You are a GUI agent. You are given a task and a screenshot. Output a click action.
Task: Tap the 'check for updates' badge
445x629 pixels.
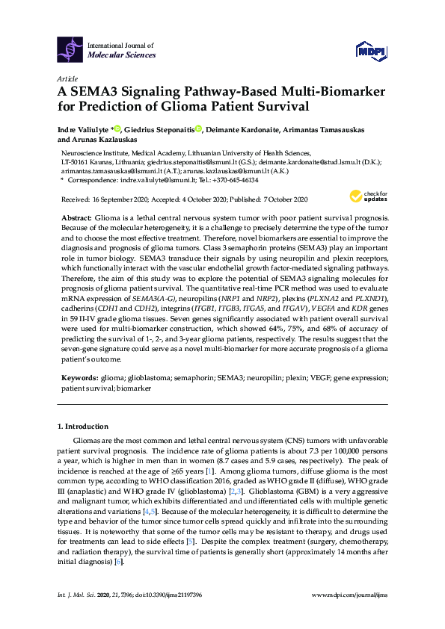(363, 196)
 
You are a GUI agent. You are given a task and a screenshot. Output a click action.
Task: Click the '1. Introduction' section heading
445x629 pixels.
(83, 427)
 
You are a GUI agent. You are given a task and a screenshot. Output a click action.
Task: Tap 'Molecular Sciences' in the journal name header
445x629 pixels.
(122, 55)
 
